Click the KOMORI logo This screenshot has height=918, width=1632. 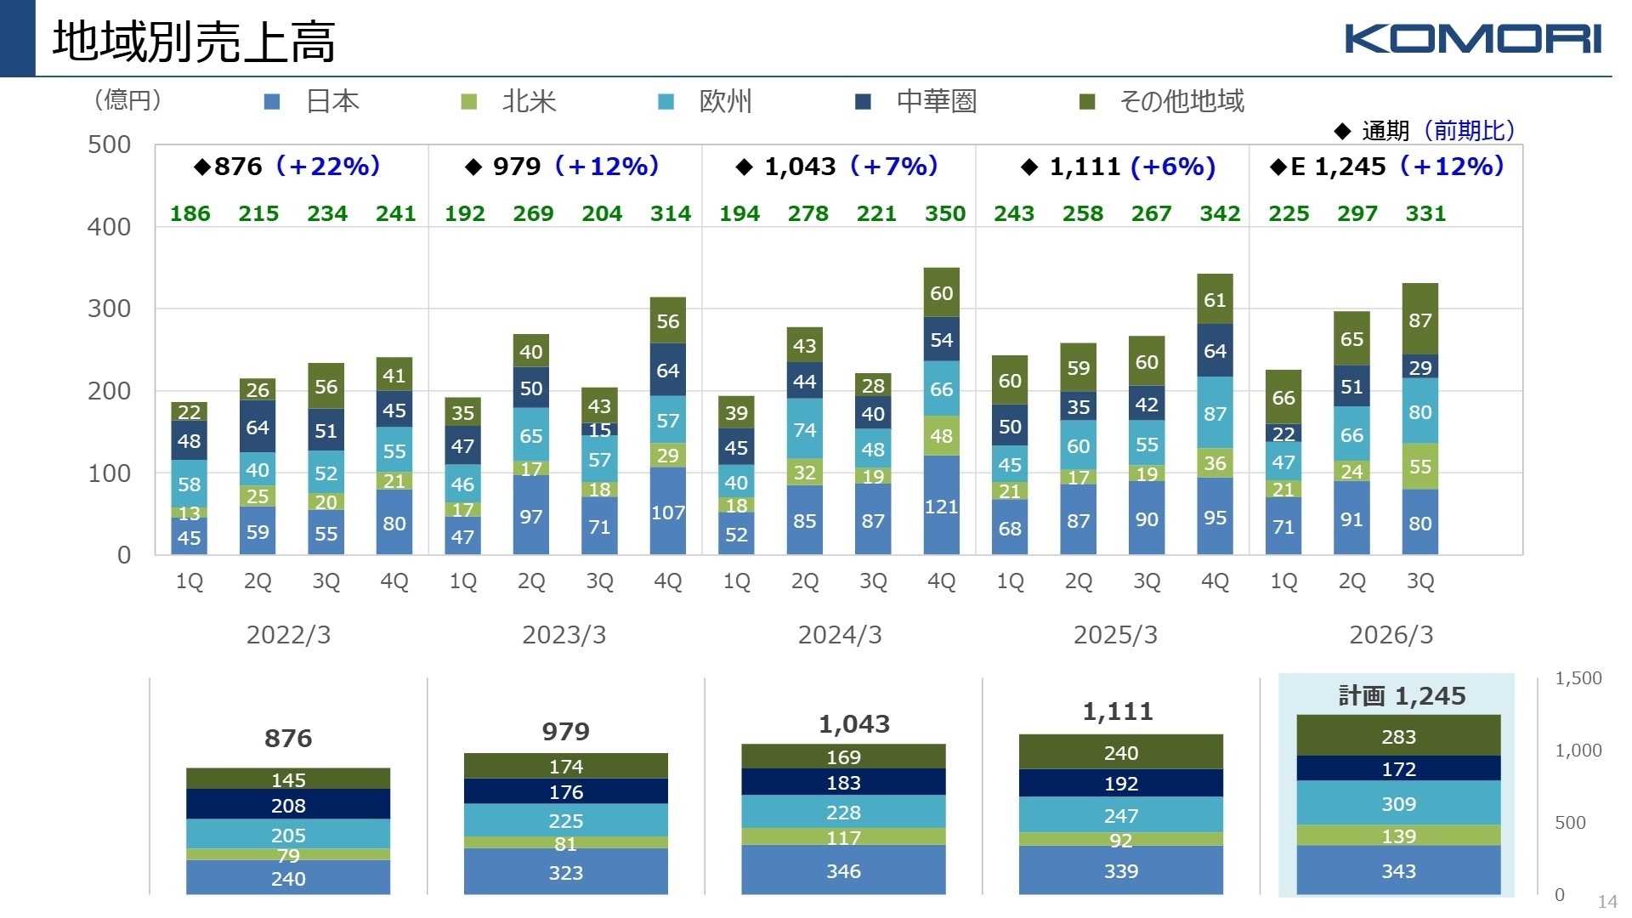(x=1472, y=39)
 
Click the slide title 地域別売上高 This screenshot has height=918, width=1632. (x=194, y=41)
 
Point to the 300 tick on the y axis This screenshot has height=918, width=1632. (x=110, y=309)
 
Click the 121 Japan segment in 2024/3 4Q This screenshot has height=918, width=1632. (x=941, y=507)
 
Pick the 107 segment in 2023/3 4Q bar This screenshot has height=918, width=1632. (x=667, y=513)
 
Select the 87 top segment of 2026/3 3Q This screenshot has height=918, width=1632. (x=1419, y=320)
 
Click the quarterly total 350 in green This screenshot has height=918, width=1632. (x=944, y=213)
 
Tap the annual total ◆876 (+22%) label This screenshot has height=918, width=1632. (x=287, y=166)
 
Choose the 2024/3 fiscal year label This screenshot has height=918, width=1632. (x=839, y=635)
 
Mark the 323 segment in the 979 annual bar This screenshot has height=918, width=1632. (x=565, y=873)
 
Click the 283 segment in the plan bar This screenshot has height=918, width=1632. (x=1398, y=737)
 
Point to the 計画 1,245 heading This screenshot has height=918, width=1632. (x=1402, y=696)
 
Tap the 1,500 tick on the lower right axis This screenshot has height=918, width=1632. (x=1578, y=678)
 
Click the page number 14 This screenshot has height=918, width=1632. (x=1607, y=902)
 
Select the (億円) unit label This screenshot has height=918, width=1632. (x=127, y=100)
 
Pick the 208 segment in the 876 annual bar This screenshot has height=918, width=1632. (x=288, y=805)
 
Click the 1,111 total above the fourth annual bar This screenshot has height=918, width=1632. (x=1117, y=711)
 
